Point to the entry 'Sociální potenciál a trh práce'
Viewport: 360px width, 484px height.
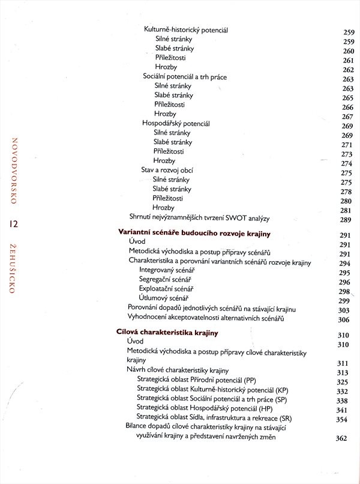[184, 77]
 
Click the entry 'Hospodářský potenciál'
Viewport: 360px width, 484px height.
[175, 123]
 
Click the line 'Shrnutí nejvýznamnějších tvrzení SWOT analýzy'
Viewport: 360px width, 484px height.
[201, 217]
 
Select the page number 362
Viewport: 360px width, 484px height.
[342, 438]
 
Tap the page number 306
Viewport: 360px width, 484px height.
[344, 319]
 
